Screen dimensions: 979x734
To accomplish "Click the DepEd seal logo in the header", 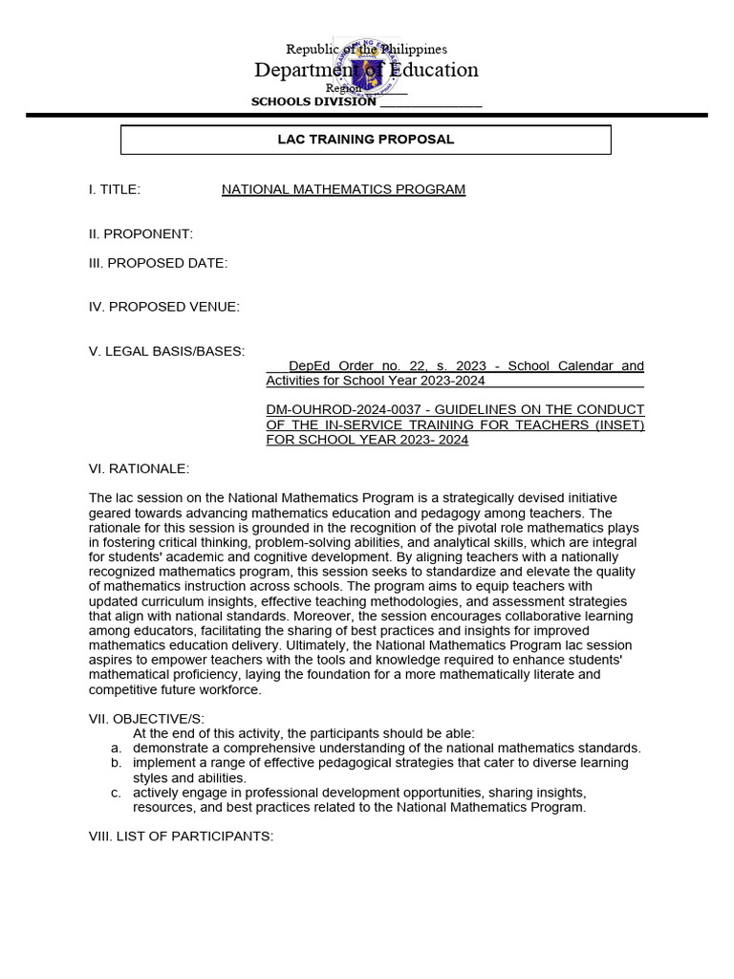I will tap(366, 69).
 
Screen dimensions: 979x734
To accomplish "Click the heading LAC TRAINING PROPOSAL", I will tap(365, 140).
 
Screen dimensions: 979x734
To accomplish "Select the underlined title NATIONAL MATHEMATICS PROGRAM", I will tap(343, 189).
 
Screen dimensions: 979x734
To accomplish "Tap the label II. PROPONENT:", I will tap(140, 234).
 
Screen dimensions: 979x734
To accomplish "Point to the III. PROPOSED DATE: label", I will tap(158, 264).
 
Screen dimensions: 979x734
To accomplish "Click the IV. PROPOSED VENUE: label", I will tap(164, 307).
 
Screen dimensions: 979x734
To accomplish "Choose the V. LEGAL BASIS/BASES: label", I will tap(166, 351).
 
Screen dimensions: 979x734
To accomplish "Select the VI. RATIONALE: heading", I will tap(139, 468).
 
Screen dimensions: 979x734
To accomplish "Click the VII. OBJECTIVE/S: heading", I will tap(146, 719).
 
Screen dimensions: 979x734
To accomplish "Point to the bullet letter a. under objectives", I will tap(115, 748).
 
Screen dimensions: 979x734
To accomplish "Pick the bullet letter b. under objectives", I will tap(115, 763).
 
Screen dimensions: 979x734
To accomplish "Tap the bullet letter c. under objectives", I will tap(115, 793).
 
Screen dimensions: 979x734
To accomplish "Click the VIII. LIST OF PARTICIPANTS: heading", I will tap(181, 837).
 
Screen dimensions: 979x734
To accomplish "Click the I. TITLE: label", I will tap(115, 189).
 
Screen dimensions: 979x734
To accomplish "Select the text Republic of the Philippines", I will tap(367, 49).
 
